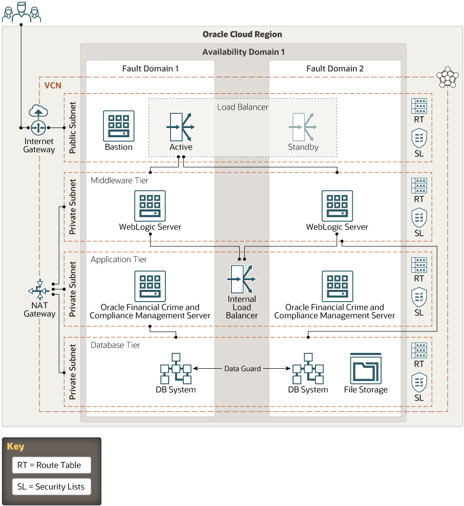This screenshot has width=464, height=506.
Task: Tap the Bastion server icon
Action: [119, 125]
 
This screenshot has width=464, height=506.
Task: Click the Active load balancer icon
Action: [181, 126]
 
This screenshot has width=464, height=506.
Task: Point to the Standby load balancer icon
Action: [303, 126]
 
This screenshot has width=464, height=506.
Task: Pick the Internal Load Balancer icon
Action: [242, 279]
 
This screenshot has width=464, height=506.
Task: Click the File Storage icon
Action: [366, 368]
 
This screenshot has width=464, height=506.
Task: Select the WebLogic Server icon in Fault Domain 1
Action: [150, 206]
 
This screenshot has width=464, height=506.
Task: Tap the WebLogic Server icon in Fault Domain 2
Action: [337, 206]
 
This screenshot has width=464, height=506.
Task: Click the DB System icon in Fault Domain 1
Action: [176, 368]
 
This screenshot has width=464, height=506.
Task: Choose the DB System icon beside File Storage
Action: [308, 368]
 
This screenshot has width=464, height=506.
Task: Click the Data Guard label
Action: [242, 368]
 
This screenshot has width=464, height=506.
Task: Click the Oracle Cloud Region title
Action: [242, 34]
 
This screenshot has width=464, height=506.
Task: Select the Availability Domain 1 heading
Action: [243, 52]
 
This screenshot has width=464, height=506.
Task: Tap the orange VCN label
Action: [53, 84]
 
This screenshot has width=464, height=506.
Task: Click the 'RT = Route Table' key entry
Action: [51, 465]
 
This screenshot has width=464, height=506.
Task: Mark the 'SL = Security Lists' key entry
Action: [51, 487]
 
